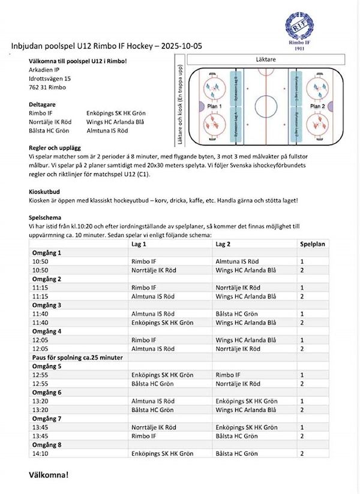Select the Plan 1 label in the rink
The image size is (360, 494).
[214, 105]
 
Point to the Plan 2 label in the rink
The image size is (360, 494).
[317, 105]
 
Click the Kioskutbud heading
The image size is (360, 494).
[47, 191]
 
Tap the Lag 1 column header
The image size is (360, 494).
[139, 245]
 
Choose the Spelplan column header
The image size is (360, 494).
[313, 245]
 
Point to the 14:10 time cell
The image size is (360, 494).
[41, 454]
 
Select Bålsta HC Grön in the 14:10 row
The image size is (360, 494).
[237, 454]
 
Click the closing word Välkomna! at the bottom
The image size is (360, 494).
[49, 475]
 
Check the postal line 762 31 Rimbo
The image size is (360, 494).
[47, 87]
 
